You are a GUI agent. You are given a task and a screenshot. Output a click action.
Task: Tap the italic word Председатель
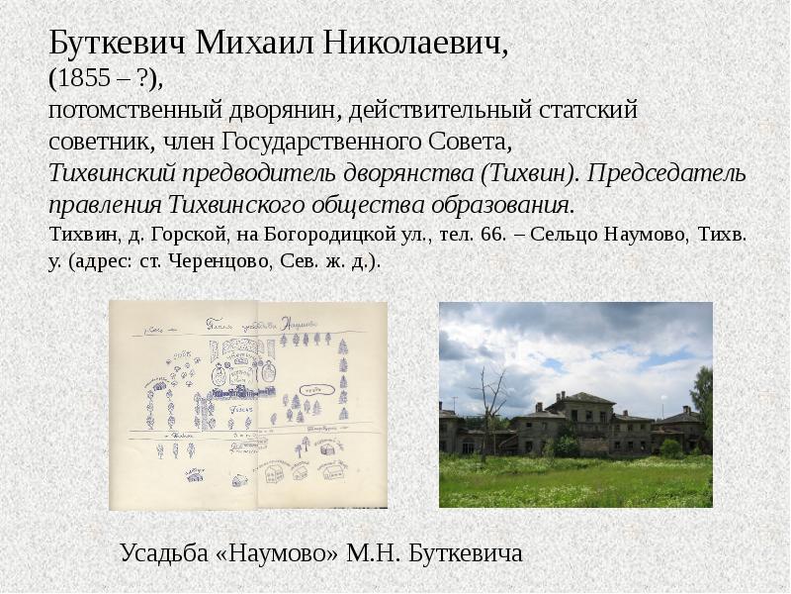pyautogui.click(x=667, y=173)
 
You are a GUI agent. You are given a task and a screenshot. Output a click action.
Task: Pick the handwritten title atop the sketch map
pyautogui.click(x=258, y=323)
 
